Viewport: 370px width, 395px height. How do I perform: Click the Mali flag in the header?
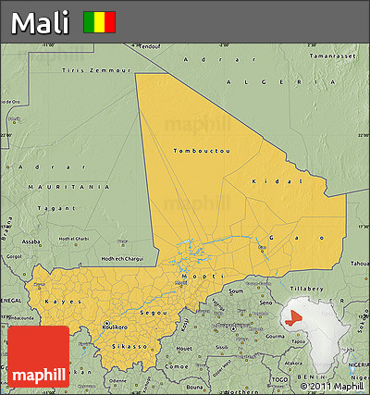tap(99, 21)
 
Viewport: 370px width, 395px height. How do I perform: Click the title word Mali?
tap(41, 22)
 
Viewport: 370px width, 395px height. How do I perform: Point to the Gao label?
tap(277, 238)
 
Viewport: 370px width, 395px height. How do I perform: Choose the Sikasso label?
tap(129, 346)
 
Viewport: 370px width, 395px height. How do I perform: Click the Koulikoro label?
tap(116, 326)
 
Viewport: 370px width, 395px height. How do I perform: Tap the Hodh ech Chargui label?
tap(120, 258)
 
